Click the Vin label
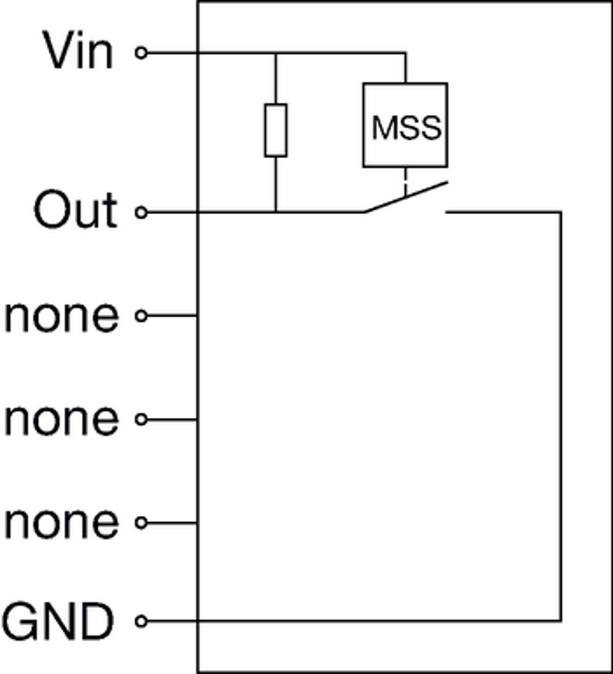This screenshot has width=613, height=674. tap(78, 52)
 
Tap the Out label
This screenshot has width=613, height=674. tap(75, 211)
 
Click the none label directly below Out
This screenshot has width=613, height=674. tap(62, 316)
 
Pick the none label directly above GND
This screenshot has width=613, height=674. tap(62, 523)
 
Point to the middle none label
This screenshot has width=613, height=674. tap(62, 420)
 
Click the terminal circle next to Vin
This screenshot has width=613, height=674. tap(140, 53)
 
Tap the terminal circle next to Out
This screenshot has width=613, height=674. tap(140, 212)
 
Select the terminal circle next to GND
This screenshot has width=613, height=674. tap(140, 621)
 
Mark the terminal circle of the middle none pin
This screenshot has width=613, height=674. tap(140, 420)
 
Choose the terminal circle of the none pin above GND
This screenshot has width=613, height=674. tap(140, 524)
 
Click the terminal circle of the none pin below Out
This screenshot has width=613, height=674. tap(140, 316)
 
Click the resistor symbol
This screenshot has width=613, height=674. tap(275, 130)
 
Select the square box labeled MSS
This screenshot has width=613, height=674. tap(405, 125)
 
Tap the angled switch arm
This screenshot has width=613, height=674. tap(406, 197)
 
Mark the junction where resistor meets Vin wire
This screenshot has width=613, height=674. tap(275, 54)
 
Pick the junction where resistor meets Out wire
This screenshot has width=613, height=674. tap(275, 212)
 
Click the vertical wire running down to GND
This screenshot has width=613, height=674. tap(560, 419)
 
